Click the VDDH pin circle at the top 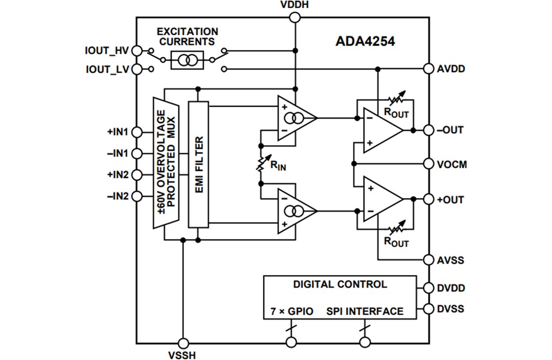[295, 18]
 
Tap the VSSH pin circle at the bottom [182, 343]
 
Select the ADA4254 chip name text [365, 41]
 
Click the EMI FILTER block [198, 164]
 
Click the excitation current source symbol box [187, 60]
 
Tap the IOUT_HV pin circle [137, 51]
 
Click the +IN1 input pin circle [137, 132]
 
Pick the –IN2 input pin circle [137, 196]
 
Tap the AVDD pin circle [428, 69]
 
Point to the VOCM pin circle [428, 164]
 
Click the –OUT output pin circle [428, 130]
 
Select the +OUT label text [450, 199]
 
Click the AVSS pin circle [428, 260]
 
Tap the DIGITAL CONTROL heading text [340, 284]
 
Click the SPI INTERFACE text [365, 311]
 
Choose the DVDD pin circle [428, 288]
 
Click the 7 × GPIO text [291, 311]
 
